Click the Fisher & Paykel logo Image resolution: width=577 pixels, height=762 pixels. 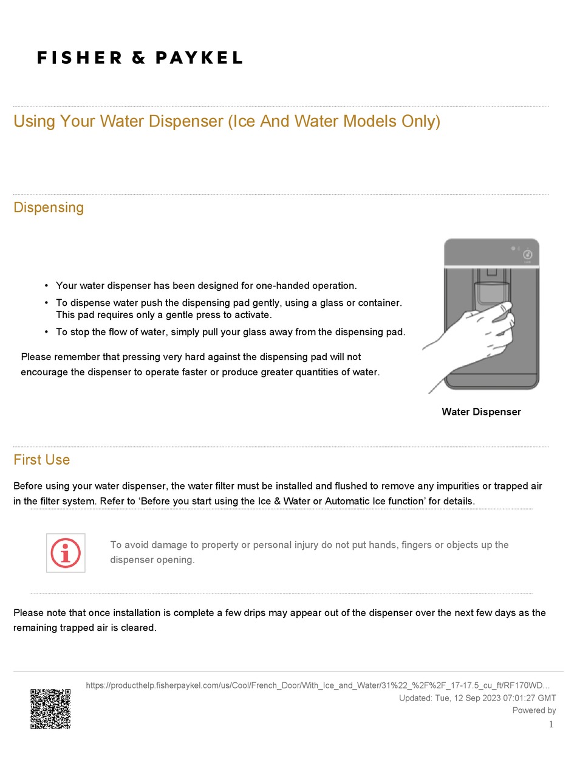click(x=140, y=58)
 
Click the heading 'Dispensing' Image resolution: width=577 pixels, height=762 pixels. click(x=49, y=207)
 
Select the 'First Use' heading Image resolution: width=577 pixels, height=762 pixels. click(x=41, y=460)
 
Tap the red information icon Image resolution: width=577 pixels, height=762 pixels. click(x=66, y=553)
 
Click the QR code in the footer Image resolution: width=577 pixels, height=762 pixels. click(x=50, y=708)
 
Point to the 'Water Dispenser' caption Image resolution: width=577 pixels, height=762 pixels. click(x=481, y=412)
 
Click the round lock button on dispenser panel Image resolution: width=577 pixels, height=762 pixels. click(x=527, y=255)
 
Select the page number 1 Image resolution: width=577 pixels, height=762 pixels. click(x=551, y=724)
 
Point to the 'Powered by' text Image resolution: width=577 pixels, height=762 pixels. click(x=534, y=710)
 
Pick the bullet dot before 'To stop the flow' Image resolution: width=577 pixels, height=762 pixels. click(x=46, y=332)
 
